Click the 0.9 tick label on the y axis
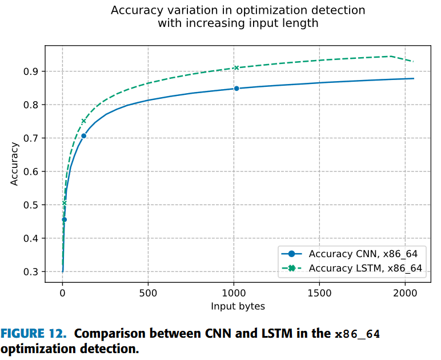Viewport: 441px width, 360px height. (x=31, y=71)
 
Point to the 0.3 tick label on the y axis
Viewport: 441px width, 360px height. (x=31, y=272)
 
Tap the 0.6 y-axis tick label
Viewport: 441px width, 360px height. (x=31, y=172)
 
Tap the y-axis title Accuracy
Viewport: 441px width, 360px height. (x=15, y=163)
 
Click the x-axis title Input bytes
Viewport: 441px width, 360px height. (x=238, y=306)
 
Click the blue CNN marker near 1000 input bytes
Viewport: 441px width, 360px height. (x=236, y=89)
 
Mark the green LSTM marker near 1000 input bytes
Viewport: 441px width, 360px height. (x=236, y=68)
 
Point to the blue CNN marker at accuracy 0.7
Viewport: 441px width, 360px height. (x=83, y=136)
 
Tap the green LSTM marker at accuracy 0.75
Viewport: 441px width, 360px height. (x=83, y=121)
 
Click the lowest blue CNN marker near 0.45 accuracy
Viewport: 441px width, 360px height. (x=64, y=219)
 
